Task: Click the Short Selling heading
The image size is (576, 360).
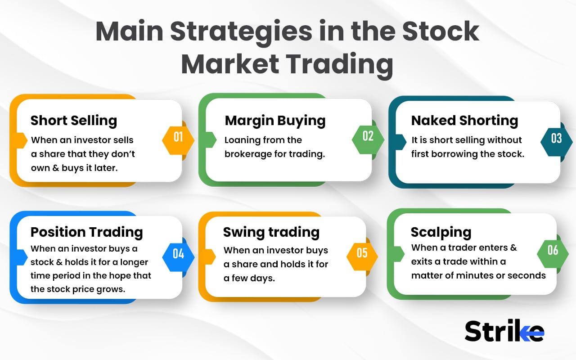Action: coord(74,121)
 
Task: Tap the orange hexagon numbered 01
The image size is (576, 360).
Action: coord(178,137)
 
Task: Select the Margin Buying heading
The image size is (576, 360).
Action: coord(275,121)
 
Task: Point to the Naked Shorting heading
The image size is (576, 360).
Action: coord(464,121)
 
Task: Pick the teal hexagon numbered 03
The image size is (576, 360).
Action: coord(557,139)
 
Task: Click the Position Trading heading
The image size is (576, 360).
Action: coord(86,232)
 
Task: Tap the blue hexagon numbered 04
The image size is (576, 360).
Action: coord(178,254)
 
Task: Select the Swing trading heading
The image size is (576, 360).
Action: coord(271,232)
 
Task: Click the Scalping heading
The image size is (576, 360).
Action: coord(441,232)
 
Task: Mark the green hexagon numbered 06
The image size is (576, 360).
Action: coord(553,250)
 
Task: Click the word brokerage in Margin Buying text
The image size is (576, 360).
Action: coord(248,154)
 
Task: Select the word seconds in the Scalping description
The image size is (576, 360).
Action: coord(526,275)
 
